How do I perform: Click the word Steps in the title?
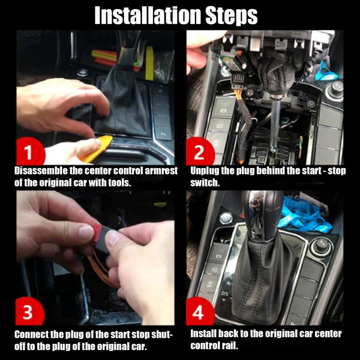tap(229, 16)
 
